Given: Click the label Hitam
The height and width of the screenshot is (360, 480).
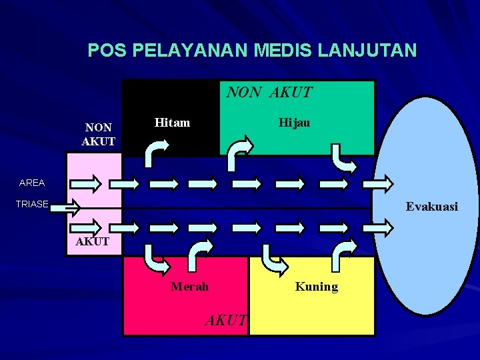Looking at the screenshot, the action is click(172, 123).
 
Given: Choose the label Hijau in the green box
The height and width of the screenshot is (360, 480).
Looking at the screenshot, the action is click(294, 123).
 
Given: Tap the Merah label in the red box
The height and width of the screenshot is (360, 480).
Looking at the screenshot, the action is click(189, 287).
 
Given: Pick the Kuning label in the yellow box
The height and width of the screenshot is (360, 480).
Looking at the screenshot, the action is click(317, 287).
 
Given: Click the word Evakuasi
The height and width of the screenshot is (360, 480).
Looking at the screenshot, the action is click(432, 207).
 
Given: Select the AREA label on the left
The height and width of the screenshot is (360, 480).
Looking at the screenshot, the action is click(32, 183).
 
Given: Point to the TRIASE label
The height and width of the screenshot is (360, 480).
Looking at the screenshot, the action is click(32, 205).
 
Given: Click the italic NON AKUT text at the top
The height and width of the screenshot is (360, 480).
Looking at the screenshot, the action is click(269, 93).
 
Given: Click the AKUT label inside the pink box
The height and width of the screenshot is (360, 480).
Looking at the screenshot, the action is click(93, 241).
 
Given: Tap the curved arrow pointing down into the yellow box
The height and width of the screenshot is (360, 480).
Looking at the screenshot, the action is click(274, 259).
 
